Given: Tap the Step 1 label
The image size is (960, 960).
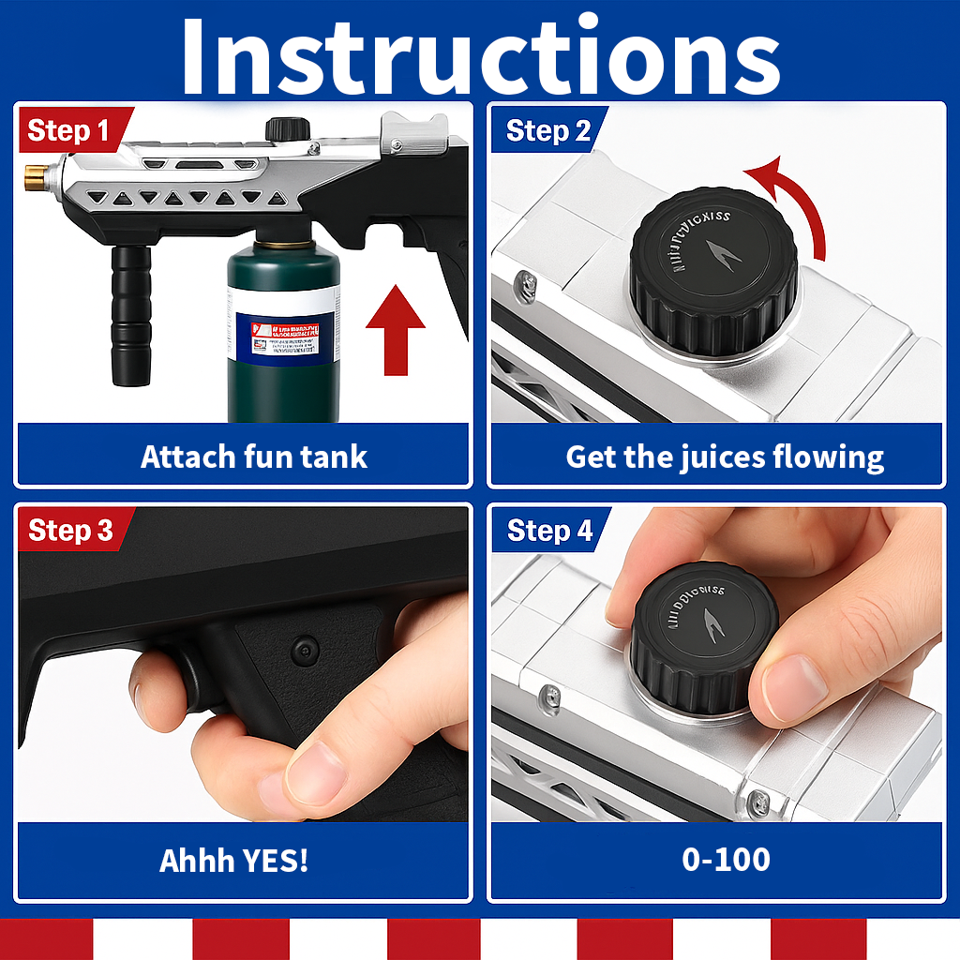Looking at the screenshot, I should pos(68,130).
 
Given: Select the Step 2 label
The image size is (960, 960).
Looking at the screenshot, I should pos(548,131).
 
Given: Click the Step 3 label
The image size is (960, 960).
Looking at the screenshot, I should pos(71,531).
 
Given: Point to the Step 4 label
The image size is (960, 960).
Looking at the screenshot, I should pos(549,532).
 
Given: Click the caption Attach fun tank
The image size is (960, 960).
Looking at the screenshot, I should pos(254,457).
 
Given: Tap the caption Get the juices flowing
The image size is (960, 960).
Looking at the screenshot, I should pos(724,457).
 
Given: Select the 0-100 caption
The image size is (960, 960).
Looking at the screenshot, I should pos(726,860).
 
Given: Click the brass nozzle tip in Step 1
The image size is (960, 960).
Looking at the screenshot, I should pos(36,174).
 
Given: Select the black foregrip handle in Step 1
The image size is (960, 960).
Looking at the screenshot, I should pos(130,314).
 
